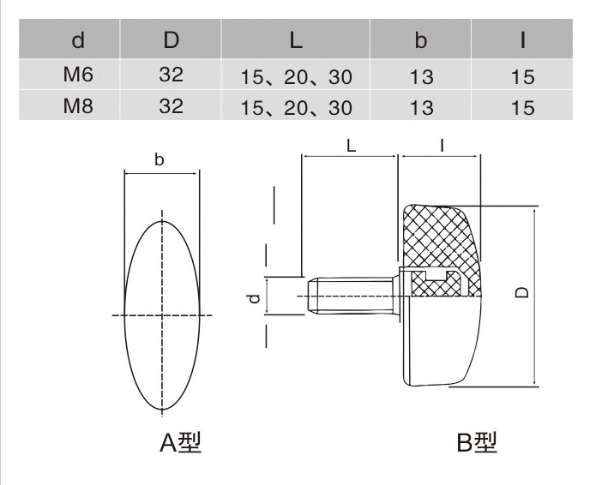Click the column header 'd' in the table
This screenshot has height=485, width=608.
(77, 40)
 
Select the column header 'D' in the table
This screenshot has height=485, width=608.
(171, 40)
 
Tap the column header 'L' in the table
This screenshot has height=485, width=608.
(296, 40)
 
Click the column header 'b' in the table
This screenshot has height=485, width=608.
(421, 40)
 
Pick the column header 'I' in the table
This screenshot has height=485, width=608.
(521, 40)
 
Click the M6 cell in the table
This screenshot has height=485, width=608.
(77, 75)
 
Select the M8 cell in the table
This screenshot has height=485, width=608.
(77, 106)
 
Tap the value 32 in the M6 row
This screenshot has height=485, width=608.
(171, 75)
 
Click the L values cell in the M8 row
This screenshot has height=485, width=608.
(296, 107)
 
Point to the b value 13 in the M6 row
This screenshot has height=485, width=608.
(421, 76)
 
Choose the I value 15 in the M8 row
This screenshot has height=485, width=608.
(521, 107)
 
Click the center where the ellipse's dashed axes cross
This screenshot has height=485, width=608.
(162, 315)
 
